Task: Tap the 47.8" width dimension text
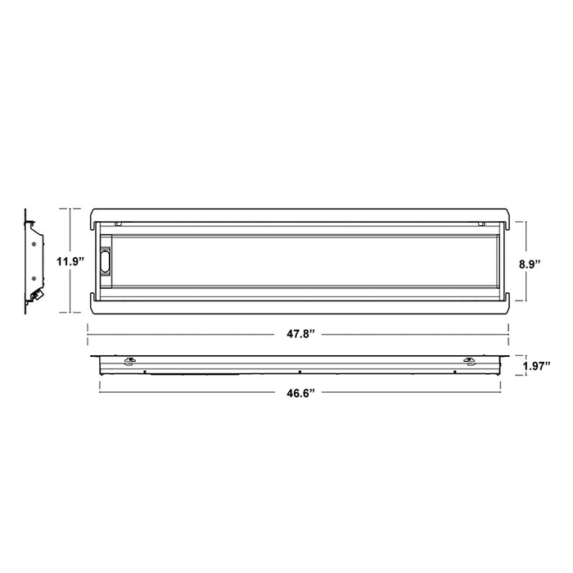click(299, 334)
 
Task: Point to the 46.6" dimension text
click(299, 392)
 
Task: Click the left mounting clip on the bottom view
click(129, 360)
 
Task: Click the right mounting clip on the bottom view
click(467, 360)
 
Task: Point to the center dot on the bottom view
click(300, 372)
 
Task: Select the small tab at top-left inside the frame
click(120, 222)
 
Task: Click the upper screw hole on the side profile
click(33, 242)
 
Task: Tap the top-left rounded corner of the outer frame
click(91, 212)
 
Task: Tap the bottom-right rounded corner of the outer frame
click(508, 310)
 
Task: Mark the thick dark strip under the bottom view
click(196, 374)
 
